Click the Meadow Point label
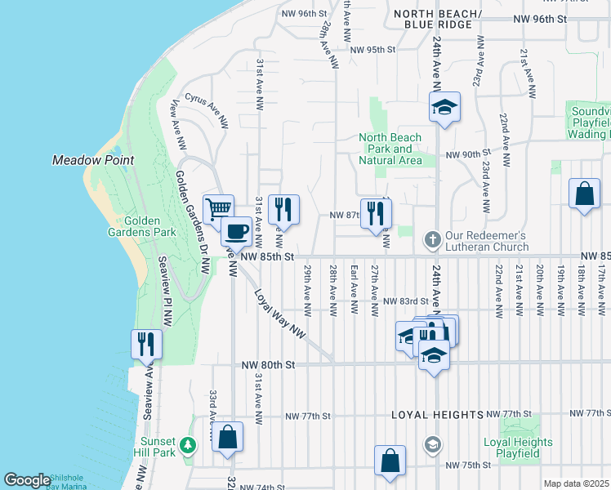click(x=92, y=160)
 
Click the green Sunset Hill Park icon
click(x=189, y=445)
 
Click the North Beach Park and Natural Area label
click(x=390, y=149)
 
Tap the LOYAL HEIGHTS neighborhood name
click(x=429, y=415)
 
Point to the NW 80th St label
click(x=268, y=365)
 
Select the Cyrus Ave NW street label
click(x=206, y=109)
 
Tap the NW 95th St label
click(x=372, y=49)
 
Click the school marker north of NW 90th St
click(x=445, y=108)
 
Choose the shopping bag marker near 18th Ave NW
click(x=585, y=195)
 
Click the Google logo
click(x=27, y=480)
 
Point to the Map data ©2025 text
click(x=576, y=483)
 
